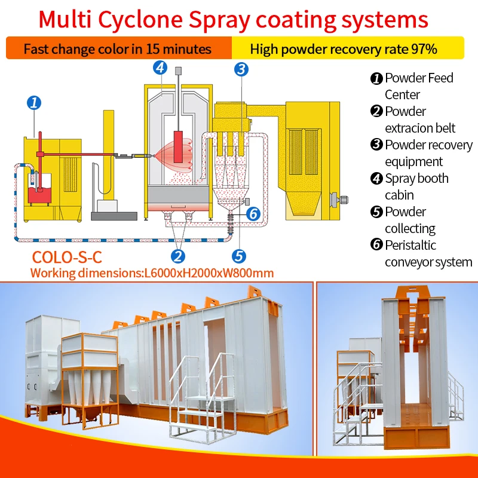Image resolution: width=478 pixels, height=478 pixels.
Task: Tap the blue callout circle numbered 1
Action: click(35, 103)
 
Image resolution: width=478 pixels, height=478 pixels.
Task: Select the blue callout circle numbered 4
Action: click(160, 68)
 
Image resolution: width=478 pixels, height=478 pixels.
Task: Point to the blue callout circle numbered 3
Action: click(241, 70)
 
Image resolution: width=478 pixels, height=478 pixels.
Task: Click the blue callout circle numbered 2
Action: click(177, 256)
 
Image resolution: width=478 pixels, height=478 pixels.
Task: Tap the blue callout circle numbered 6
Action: click(253, 213)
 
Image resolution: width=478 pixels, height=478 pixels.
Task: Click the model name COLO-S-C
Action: click(66, 258)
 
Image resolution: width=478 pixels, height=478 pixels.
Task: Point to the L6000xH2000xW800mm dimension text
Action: click(209, 273)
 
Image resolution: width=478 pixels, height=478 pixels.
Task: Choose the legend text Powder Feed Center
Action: click(418, 86)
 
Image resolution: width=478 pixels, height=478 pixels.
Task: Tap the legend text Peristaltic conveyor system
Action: click(427, 253)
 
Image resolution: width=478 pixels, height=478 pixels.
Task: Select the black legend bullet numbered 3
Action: click(376, 145)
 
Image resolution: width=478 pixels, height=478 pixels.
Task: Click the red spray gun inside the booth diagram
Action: click(177, 143)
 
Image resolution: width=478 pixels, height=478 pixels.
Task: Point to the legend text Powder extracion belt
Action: click(419, 119)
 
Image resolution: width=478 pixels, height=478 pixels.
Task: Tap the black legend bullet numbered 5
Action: click(376, 212)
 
